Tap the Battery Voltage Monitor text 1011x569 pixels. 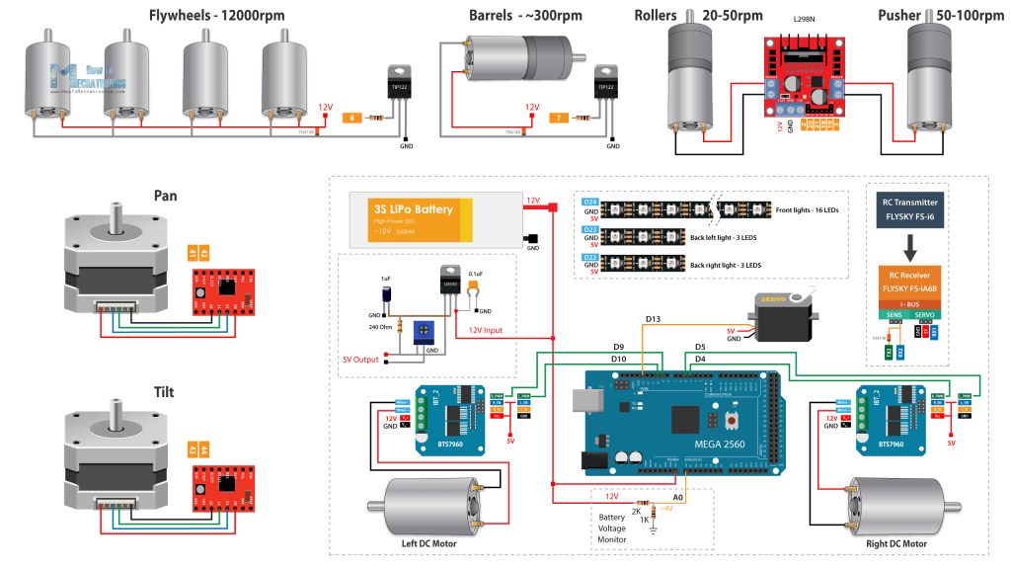[613, 528]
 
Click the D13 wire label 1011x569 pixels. [654, 319]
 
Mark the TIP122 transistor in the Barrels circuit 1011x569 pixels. [605, 85]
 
